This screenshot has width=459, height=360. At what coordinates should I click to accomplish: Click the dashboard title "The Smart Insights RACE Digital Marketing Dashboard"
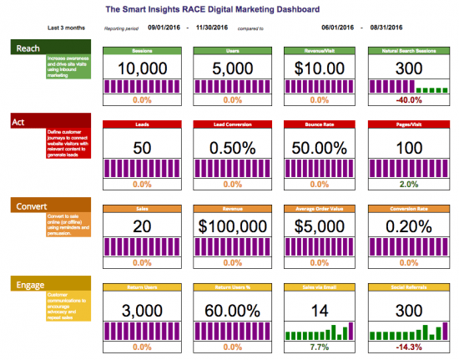click(214, 10)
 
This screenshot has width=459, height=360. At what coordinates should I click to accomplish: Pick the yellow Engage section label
click(27, 285)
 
